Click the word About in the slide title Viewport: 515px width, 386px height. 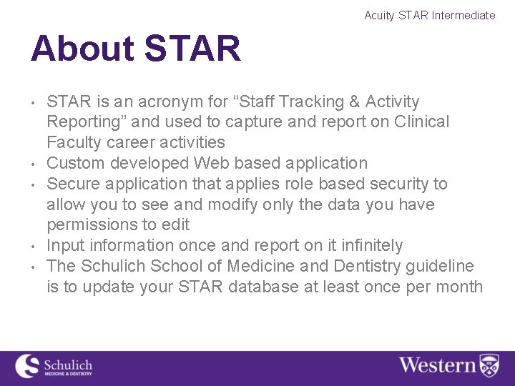(82, 49)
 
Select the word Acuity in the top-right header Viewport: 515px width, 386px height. (379, 15)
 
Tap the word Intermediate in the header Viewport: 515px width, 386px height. (463, 15)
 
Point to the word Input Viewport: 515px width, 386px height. (65, 245)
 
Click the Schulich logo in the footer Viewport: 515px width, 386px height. (54, 365)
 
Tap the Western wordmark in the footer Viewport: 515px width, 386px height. (437, 365)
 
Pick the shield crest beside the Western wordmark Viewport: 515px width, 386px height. (489, 365)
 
